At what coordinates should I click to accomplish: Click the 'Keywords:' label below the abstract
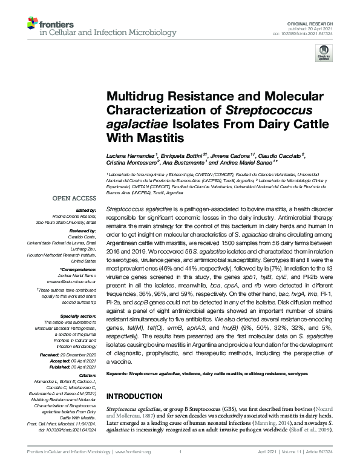click(x=117, y=375)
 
